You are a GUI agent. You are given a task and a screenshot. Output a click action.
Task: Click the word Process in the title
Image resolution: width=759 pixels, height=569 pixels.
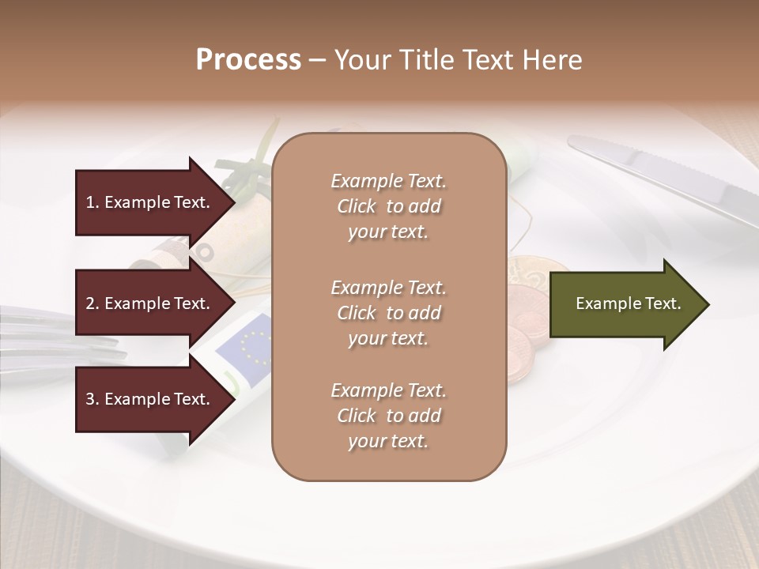[x=248, y=59]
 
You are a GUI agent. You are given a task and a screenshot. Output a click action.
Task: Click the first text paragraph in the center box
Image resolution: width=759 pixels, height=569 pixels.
[x=388, y=206]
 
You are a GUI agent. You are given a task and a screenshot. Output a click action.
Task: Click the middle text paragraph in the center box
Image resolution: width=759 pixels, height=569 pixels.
[x=388, y=312]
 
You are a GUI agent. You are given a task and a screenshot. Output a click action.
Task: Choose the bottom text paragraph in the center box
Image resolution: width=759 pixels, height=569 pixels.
[x=388, y=416]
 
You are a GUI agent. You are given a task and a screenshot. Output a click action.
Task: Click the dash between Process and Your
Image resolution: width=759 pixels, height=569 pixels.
[x=317, y=61]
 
